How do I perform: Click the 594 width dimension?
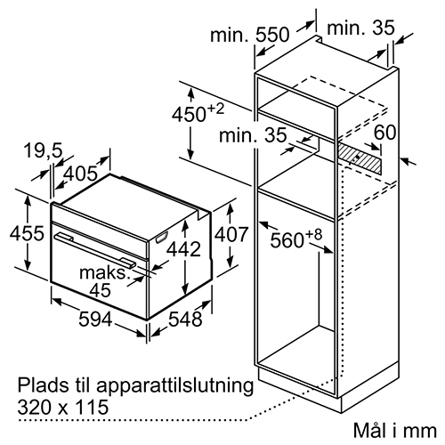click(x=95, y=320)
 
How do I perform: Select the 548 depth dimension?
click(x=185, y=320)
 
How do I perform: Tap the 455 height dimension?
click(x=27, y=233)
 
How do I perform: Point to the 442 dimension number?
click(x=183, y=248)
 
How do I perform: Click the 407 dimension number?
click(x=231, y=234)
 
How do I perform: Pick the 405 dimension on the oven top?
click(x=81, y=174)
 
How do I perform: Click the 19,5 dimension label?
click(x=44, y=150)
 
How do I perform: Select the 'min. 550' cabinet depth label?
click(x=249, y=35)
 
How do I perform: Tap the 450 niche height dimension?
click(x=198, y=114)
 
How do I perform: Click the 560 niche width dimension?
click(x=296, y=239)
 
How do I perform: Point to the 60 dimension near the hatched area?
click(x=384, y=132)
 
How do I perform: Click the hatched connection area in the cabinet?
click(x=360, y=157)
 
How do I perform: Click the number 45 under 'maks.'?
click(x=101, y=290)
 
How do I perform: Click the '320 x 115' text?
click(x=63, y=407)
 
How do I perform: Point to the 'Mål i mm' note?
click(x=395, y=430)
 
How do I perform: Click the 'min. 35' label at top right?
click(x=360, y=28)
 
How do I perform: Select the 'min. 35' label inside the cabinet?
click(x=253, y=135)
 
